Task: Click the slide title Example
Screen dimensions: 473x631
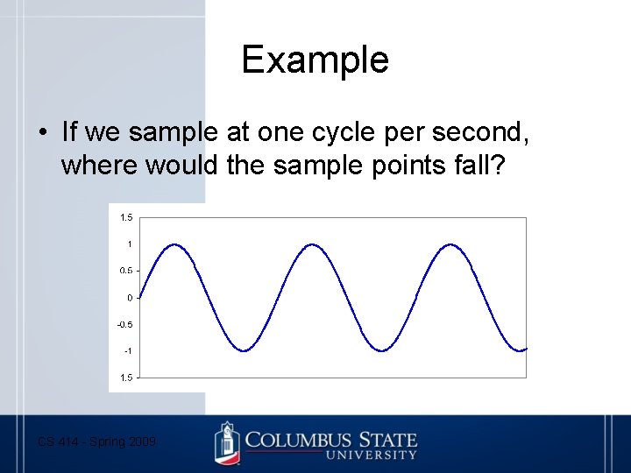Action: (315, 60)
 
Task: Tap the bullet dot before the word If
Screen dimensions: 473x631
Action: (41, 133)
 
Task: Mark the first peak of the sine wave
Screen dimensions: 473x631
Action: (174, 244)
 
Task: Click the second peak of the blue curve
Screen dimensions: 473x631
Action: (313, 244)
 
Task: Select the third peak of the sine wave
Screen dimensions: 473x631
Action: (451, 244)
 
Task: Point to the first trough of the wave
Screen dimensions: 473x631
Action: (245, 350)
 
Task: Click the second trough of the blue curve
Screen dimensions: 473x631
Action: (382, 350)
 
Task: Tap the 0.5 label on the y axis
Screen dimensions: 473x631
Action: (126, 271)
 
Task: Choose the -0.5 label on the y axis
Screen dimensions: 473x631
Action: (125, 324)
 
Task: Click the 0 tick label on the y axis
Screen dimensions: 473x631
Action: (130, 298)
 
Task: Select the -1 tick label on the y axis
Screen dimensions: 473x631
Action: (127, 351)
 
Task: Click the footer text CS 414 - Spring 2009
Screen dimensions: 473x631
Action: (96, 442)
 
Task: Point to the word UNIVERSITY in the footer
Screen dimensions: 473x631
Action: (370, 455)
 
